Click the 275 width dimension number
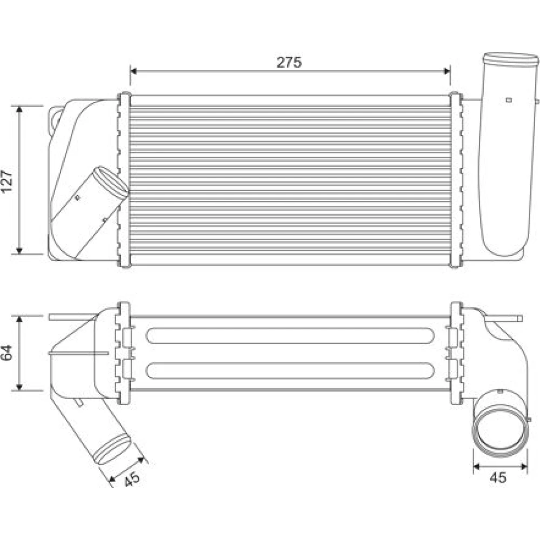pyautogui.click(x=289, y=62)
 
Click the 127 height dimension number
pyautogui.click(x=7, y=181)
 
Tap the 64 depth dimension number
pyautogui.click(x=7, y=353)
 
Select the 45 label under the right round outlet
pyautogui.click(x=498, y=477)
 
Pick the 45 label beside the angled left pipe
pyautogui.click(x=132, y=478)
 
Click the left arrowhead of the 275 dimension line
pyautogui.click(x=133, y=71)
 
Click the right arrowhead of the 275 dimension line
pyautogui.click(x=447, y=71)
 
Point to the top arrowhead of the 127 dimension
pyautogui.click(x=19, y=109)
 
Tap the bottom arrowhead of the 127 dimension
pyautogui.click(x=19, y=251)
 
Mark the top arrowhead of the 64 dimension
pyautogui.click(x=19, y=319)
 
